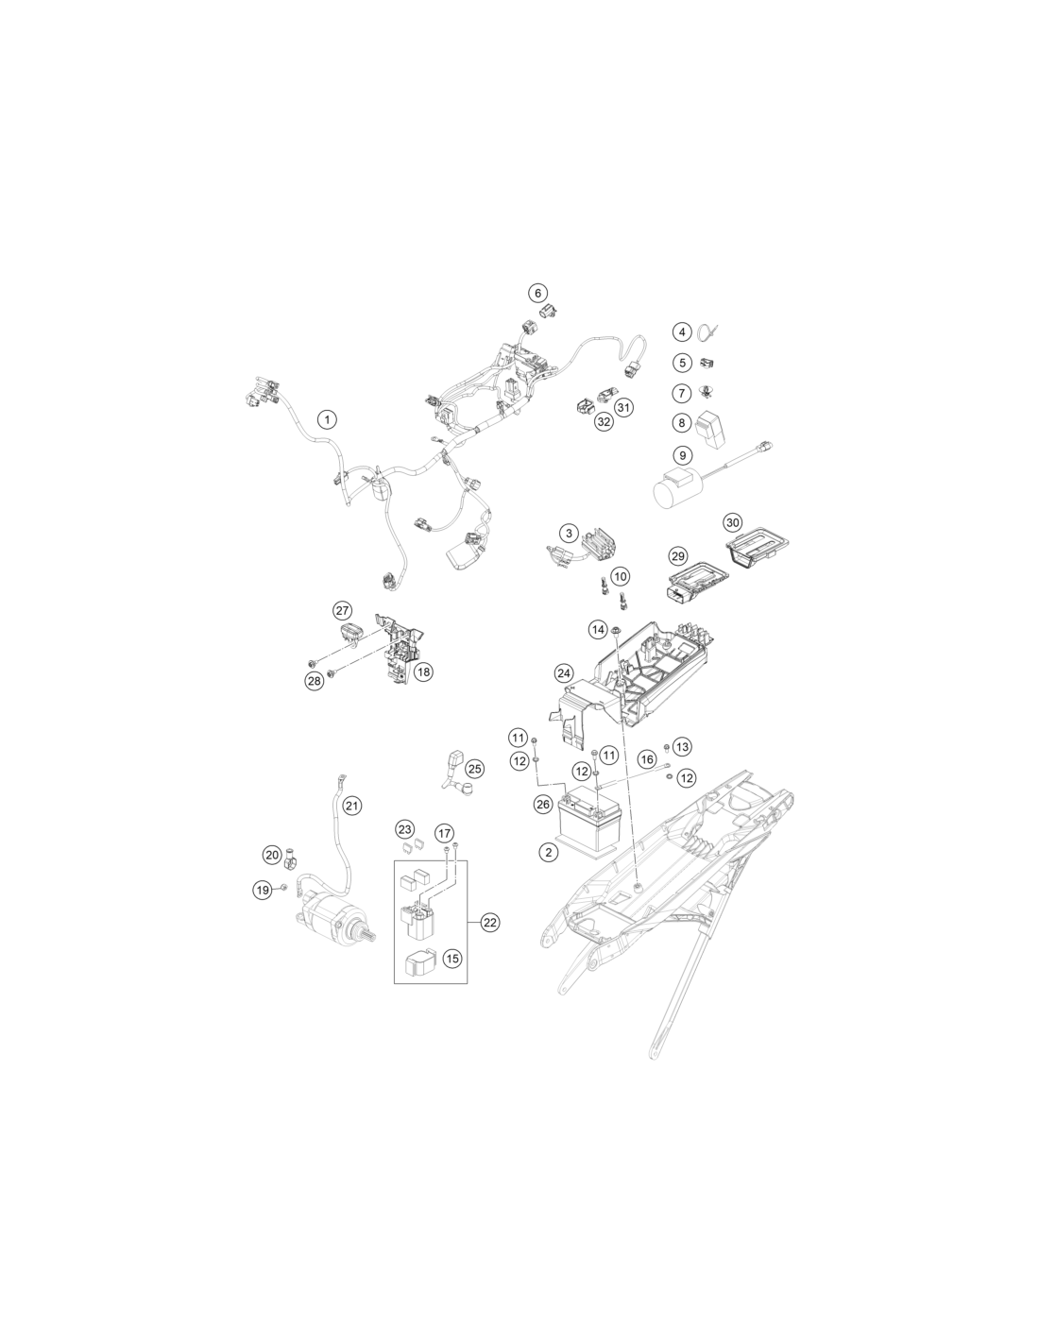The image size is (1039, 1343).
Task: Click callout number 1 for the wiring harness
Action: (327, 419)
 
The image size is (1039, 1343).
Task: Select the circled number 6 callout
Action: (537, 293)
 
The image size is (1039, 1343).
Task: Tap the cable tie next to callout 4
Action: (707, 331)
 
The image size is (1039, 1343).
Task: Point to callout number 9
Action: (682, 455)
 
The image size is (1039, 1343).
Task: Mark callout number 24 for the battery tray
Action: (564, 673)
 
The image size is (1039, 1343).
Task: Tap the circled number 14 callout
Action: (598, 630)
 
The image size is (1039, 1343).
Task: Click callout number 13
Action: (682, 747)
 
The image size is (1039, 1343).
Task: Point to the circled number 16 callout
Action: (646, 759)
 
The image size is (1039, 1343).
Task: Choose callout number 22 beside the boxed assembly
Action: (489, 940)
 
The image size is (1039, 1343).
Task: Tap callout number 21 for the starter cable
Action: (351, 806)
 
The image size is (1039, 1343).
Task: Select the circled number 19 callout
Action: (263, 890)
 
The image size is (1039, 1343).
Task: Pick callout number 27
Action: (342, 611)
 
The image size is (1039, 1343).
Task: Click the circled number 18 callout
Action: (423, 671)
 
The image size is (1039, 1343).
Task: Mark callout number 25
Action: (474, 769)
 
